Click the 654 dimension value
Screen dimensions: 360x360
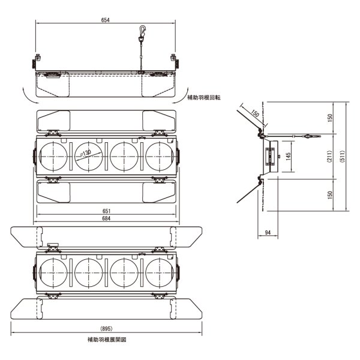pyautogui.click(x=106, y=20)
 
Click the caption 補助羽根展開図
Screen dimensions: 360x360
pyautogui.click(x=106, y=340)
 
